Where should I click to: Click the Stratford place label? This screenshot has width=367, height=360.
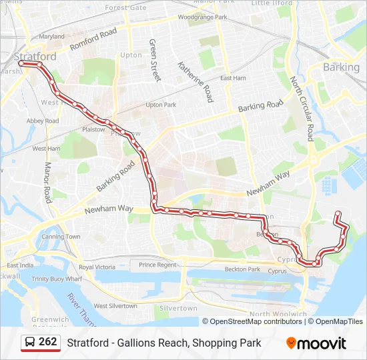33,57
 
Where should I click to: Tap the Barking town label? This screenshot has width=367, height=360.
341,67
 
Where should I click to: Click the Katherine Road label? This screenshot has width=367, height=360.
195,81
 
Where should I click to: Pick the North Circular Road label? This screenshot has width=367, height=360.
301,107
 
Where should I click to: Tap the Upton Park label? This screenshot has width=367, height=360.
160,105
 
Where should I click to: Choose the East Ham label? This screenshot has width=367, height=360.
233,78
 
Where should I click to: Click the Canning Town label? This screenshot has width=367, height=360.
61,237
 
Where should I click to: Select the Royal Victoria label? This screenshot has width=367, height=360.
97,267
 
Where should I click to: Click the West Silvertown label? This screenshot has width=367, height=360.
115,306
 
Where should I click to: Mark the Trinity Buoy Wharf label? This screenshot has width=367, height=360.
57,279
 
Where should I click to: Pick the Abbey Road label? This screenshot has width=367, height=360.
43,121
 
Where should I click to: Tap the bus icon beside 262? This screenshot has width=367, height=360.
31,343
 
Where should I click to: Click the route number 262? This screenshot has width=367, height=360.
48,342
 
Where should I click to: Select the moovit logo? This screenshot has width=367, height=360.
316,343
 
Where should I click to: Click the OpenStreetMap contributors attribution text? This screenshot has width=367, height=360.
256,321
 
